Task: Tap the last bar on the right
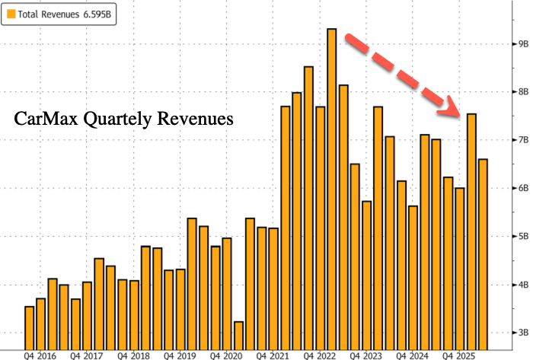click(x=483, y=251)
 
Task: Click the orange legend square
click(x=10, y=13)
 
